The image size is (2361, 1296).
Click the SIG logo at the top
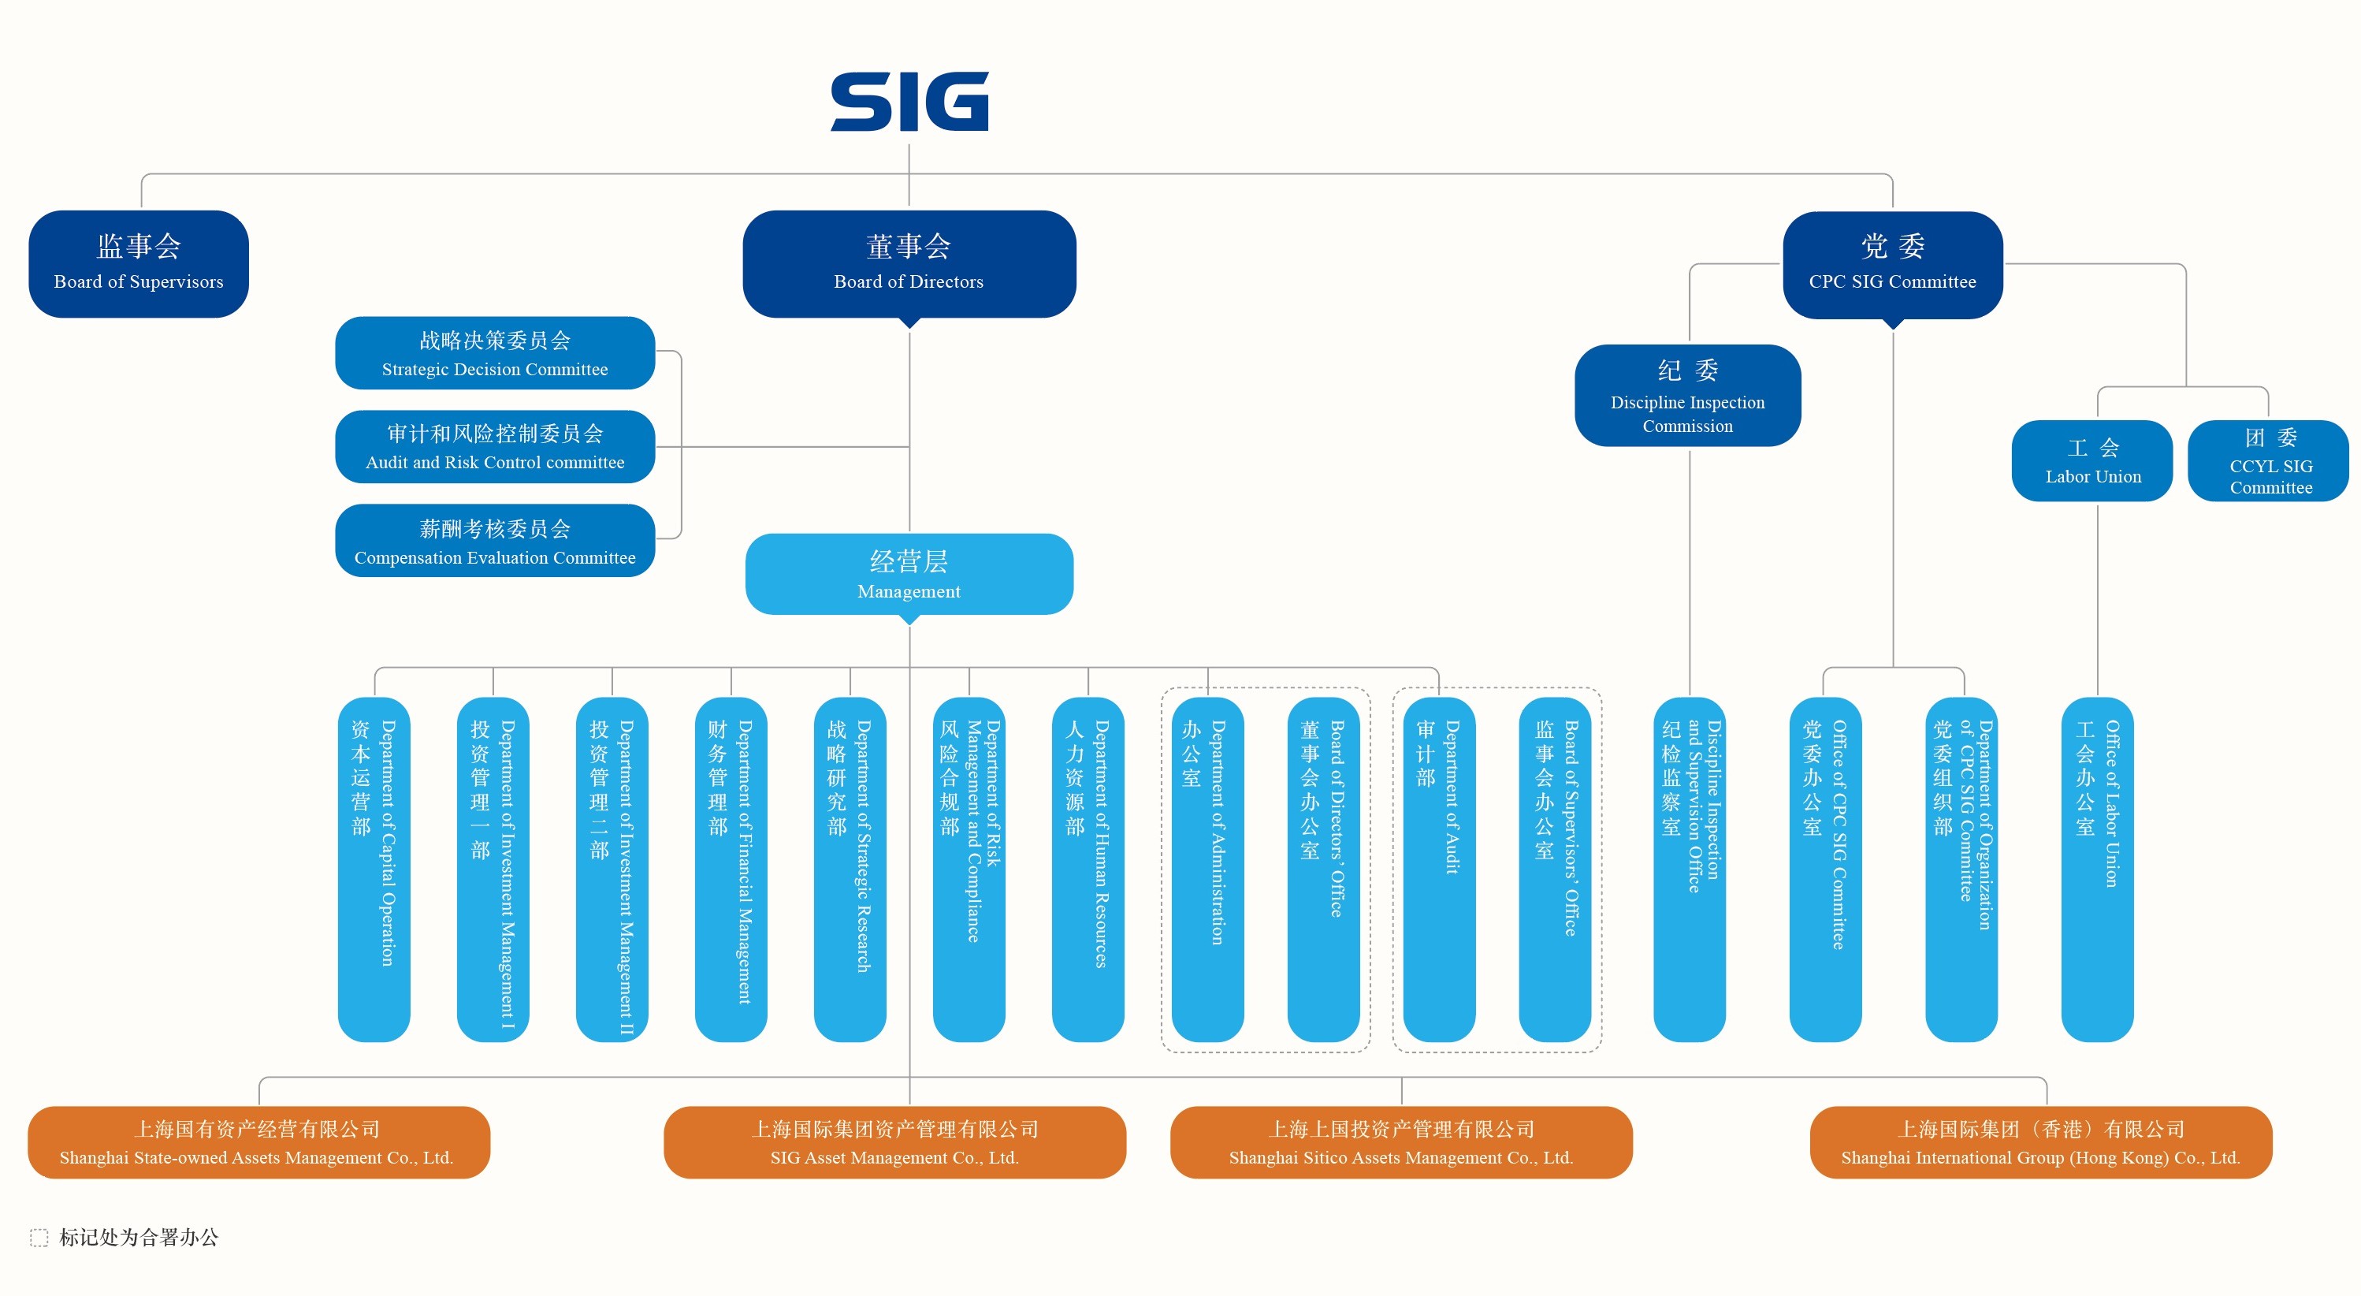tap(909, 101)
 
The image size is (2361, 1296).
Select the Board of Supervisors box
tap(139, 264)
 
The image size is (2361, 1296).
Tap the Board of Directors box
tap(909, 264)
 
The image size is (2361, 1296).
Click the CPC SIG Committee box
tap(1893, 265)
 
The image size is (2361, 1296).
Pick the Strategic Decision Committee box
tap(495, 353)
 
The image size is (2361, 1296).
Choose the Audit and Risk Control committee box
tap(495, 446)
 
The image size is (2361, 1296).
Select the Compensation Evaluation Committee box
tap(495, 541)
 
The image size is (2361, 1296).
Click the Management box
tap(909, 574)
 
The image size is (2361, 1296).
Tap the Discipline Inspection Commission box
tap(1688, 396)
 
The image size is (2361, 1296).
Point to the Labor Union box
tap(2092, 461)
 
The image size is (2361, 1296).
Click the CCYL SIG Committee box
tap(2269, 461)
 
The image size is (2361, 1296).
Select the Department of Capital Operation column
tap(374, 869)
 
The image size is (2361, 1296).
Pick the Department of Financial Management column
tap(731, 869)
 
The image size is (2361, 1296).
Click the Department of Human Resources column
tap(1088, 869)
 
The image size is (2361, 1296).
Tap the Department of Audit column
tap(1439, 869)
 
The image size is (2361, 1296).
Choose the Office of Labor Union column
tap(2097, 869)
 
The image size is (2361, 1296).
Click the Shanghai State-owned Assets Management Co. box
tap(258, 1142)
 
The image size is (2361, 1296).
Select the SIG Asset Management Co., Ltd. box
tap(894, 1142)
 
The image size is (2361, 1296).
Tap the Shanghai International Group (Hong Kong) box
tap(2041, 1142)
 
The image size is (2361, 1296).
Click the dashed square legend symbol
tap(39, 1238)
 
